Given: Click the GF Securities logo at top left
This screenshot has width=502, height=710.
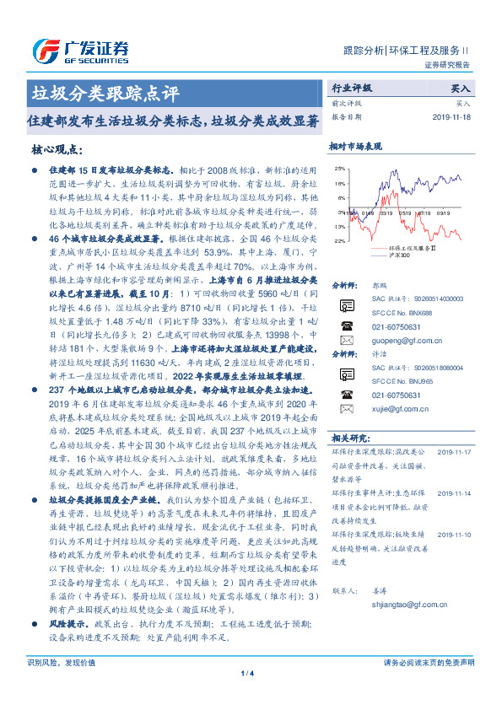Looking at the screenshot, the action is [x=82, y=49].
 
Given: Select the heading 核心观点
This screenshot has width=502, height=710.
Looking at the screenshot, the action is [x=57, y=149].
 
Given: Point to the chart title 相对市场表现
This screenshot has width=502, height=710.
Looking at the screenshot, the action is [x=355, y=146].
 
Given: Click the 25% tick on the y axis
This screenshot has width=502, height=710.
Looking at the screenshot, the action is [x=339, y=168].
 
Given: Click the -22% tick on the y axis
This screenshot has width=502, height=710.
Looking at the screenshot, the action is [x=338, y=241].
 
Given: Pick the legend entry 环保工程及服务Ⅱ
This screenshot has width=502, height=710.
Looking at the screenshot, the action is [x=411, y=248].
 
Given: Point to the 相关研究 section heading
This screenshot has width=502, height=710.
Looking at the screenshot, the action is [x=349, y=438].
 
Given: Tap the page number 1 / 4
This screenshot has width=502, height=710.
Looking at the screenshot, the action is [x=246, y=696].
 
